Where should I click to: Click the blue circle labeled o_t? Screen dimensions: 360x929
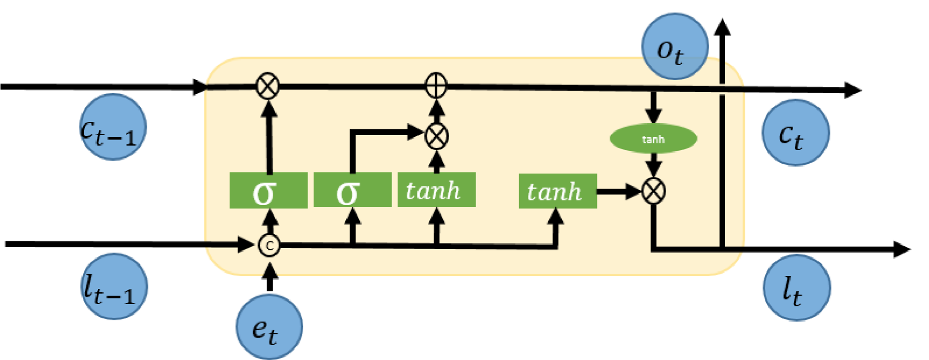674,46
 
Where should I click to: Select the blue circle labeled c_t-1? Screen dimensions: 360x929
113,127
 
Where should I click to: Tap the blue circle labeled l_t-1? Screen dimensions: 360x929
114,286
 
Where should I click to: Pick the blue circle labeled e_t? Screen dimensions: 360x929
269,326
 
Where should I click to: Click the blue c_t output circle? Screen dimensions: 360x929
795,133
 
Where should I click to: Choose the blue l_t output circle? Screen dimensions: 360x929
796,288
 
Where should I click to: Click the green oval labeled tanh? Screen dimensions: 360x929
653,139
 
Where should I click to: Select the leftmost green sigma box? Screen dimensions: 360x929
268,190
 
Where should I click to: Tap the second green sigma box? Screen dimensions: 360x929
352,190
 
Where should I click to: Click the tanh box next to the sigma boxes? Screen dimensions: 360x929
436,190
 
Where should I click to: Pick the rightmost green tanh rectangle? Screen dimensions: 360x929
558,191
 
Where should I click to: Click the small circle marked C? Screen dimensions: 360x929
269,245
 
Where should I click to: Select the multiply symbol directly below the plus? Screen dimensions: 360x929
437,135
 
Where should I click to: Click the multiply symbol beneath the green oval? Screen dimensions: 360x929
653,191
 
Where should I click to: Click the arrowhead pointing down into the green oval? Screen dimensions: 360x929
653,116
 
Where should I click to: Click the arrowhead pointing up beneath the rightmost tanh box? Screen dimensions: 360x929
555,217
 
